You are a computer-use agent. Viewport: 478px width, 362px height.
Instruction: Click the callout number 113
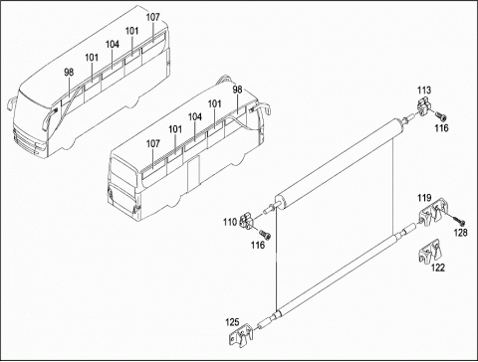pyautogui.click(x=424, y=90)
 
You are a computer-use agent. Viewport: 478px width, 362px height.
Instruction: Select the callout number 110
pyautogui.click(x=230, y=222)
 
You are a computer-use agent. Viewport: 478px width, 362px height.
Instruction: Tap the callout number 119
pyautogui.click(x=424, y=198)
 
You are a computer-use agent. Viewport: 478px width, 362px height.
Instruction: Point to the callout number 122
pyautogui.click(x=438, y=268)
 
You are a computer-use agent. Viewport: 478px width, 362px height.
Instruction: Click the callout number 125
pyautogui.click(x=232, y=322)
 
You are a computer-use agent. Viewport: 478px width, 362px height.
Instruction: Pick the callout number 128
pyautogui.click(x=460, y=233)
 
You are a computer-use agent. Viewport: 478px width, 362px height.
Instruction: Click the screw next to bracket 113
pyautogui.click(x=441, y=116)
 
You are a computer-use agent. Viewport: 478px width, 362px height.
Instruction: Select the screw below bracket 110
pyautogui.click(x=265, y=235)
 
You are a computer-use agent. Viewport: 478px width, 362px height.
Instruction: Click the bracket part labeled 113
pyautogui.click(x=423, y=105)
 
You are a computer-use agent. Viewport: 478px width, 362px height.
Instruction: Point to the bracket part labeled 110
pyautogui.click(x=247, y=221)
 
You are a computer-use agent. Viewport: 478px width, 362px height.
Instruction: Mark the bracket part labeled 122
pyautogui.click(x=429, y=252)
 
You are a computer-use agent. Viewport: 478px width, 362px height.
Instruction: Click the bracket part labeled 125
pyautogui.click(x=241, y=335)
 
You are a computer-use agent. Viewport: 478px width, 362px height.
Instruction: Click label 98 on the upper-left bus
pyautogui.click(x=69, y=72)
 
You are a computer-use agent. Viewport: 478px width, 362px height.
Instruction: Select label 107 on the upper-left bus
pyautogui.click(x=153, y=17)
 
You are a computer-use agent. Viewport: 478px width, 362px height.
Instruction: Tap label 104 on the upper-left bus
pyautogui.click(x=113, y=44)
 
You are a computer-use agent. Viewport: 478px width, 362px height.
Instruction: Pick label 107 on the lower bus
pyautogui.click(x=153, y=143)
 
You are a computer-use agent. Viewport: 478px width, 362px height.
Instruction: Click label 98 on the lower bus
pyautogui.click(x=237, y=90)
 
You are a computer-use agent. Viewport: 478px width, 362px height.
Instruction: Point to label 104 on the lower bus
pyautogui.click(x=195, y=116)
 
